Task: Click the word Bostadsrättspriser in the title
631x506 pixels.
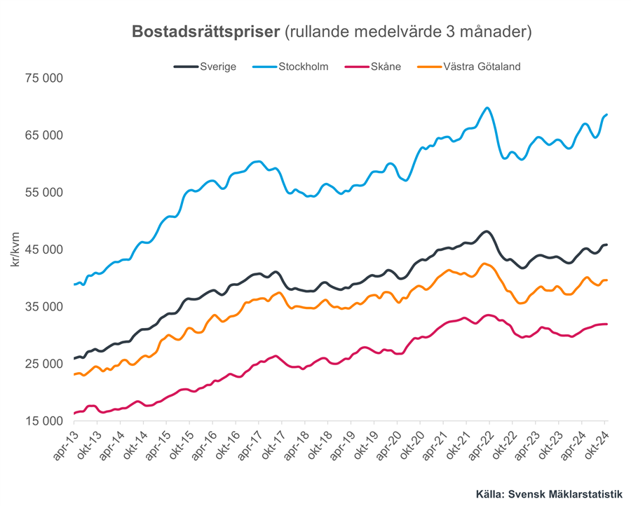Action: click(x=206, y=32)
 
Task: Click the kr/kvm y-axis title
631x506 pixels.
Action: click(x=15, y=249)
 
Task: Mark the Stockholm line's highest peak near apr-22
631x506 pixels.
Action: click(x=487, y=108)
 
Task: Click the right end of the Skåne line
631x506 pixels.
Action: click(x=606, y=324)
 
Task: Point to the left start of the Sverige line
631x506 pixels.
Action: click(x=74, y=358)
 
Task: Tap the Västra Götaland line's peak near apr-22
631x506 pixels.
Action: click(x=484, y=264)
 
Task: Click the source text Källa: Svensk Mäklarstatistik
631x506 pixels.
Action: click(x=549, y=493)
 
